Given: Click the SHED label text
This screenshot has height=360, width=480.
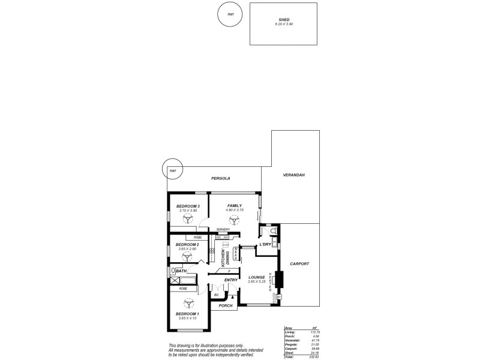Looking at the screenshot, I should tap(284, 19).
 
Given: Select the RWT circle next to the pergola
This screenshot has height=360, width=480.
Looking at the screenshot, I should tap(173, 171).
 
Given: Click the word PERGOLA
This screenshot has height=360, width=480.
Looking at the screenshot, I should tap(221, 178).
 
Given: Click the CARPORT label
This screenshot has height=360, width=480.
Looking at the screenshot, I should tap(299, 263).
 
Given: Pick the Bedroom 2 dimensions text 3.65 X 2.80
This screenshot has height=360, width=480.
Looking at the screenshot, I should tap(187, 249).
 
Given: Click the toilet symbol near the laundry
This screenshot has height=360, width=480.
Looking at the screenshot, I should tap(274, 231).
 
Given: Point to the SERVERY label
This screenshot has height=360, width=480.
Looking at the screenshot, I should tap(223, 229).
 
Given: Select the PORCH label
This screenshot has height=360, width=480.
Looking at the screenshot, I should tap(225, 306).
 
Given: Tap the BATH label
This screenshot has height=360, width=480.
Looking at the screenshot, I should tap(181, 271).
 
